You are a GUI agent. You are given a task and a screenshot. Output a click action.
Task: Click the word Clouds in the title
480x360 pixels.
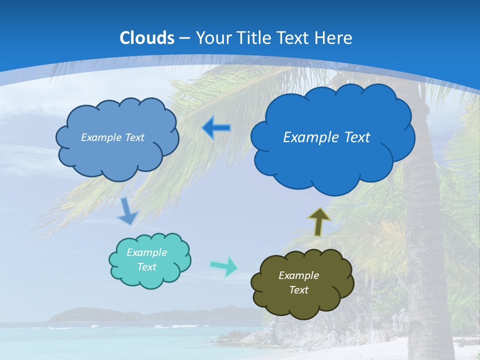tap(147, 38)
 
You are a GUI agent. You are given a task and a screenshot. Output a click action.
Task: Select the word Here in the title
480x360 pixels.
tap(334, 38)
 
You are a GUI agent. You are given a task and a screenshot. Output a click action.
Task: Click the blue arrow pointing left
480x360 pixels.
tap(216, 128)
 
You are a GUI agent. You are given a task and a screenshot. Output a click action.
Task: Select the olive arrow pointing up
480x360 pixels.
tap(318, 222)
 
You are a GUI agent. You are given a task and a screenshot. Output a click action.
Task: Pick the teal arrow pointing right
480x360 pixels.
tap(224, 266)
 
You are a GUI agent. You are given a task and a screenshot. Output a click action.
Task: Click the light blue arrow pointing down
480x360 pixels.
tap(127, 212)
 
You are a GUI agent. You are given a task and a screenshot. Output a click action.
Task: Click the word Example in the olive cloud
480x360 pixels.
tap(298, 275)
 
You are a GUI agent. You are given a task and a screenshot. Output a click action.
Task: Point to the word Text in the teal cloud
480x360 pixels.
tap(146, 267)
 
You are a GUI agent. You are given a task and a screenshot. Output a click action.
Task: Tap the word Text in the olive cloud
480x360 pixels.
tap(298, 290)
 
